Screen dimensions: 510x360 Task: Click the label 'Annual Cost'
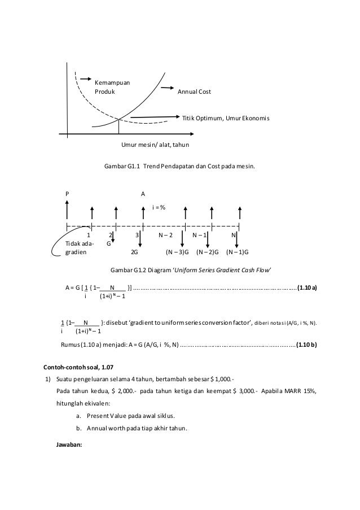194,91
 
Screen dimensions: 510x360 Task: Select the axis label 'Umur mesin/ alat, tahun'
155,145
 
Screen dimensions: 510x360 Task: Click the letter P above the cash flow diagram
67,193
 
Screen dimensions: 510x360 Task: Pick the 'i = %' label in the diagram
159,207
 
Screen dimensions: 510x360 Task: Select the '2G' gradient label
135,252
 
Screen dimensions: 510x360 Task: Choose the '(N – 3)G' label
177,252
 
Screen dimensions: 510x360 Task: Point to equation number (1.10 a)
307,287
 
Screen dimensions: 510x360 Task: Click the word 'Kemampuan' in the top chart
112,83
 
